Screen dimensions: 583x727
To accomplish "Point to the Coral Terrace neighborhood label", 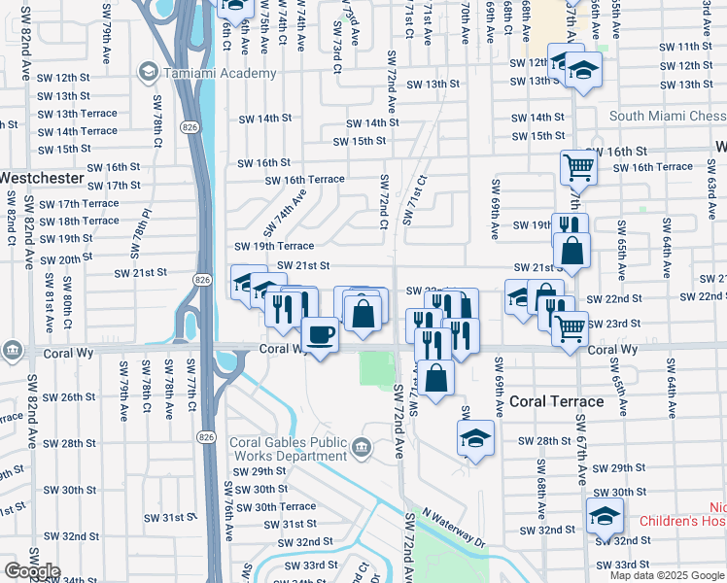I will pyautogui.click(x=556, y=400).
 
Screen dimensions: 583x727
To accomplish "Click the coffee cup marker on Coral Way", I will pyautogui.click(x=321, y=335).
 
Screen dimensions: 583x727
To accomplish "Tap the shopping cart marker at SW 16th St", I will pyautogui.click(x=578, y=167).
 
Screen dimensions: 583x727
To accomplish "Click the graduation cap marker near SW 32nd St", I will pyautogui.click(x=604, y=515).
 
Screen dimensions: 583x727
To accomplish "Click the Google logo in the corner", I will pyautogui.click(x=32, y=571).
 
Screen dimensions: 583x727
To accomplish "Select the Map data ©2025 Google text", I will pyautogui.click(x=667, y=575).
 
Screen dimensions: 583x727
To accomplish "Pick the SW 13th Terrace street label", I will pyautogui.click(x=79, y=114).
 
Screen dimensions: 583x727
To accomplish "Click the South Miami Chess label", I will pyautogui.click(x=667, y=117).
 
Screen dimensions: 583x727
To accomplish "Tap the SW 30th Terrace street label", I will pyautogui.click(x=271, y=506).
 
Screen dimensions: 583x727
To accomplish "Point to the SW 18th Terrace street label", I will pyautogui.click(x=79, y=222).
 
